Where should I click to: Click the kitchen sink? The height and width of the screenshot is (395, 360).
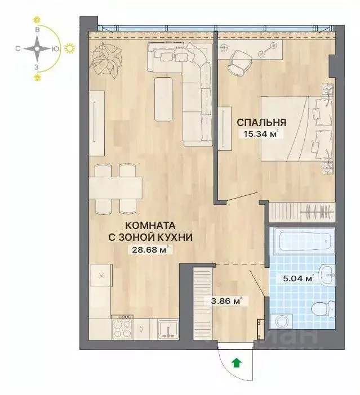tap(168, 327)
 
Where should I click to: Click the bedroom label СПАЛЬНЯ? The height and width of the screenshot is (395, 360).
tap(261, 122)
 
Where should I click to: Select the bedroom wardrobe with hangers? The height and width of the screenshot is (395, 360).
tap(302, 212)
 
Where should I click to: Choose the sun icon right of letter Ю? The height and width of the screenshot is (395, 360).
tap(70, 49)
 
